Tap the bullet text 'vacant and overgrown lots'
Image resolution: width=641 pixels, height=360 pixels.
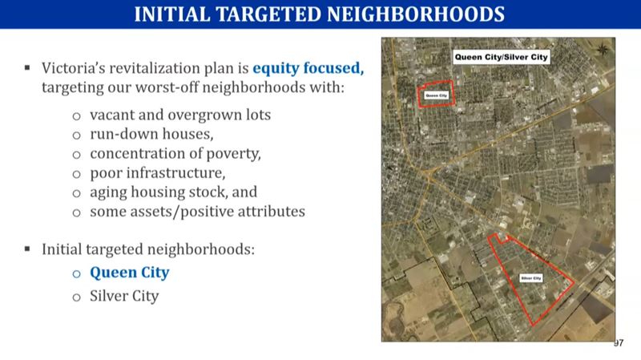pos(180,114)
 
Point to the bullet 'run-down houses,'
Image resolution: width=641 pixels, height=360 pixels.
pos(151,133)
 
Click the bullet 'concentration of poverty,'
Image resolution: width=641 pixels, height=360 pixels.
pos(175,153)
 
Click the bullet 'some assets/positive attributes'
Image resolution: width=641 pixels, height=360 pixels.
pos(197,212)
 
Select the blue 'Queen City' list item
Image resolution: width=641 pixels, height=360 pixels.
pos(129,272)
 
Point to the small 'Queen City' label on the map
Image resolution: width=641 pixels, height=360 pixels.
pos(436,95)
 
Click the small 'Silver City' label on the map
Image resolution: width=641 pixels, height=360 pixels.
pos(531,278)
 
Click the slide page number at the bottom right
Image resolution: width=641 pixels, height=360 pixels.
pos(618,343)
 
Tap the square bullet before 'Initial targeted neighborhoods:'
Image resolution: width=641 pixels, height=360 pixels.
pos(27,249)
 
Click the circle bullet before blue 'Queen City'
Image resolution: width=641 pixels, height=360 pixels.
pos(77,273)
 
